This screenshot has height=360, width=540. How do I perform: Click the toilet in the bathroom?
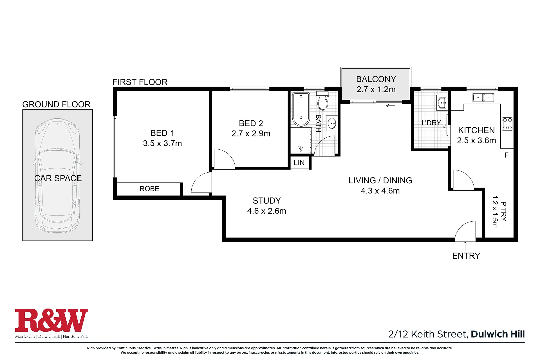(322, 100)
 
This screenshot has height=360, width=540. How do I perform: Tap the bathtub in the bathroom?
(301, 109)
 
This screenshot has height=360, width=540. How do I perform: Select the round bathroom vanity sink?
(332, 123)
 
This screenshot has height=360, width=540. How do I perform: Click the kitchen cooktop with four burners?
(507, 124)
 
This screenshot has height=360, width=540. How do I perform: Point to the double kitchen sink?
(483, 98)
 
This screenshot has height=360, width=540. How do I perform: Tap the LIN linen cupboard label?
(299, 163)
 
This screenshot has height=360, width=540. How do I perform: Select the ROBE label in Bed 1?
(149, 189)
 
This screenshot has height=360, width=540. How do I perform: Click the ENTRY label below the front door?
(466, 256)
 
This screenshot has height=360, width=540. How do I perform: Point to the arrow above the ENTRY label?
(465, 246)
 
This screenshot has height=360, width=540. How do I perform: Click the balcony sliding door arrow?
(391, 106)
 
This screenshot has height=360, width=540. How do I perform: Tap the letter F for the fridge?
(507, 155)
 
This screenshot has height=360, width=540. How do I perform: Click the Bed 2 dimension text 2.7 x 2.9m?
(251, 134)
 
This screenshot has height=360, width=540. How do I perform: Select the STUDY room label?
(267, 201)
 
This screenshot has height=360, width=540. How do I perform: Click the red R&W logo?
(51, 320)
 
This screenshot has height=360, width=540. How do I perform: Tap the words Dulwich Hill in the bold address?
(498, 334)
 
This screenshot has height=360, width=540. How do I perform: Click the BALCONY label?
(376, 79)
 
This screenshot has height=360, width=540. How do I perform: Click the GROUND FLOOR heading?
(56, 105)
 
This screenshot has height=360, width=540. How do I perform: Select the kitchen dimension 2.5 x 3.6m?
(476, 141)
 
